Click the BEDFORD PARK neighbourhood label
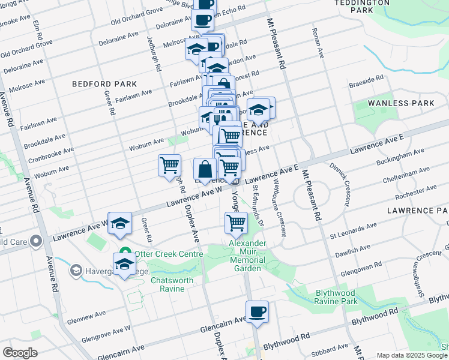click(x=104, y=85)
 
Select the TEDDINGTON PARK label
click(x=362, y=6)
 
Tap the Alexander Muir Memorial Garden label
click(x=247, y=256)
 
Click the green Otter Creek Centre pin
click(x=125, y=254)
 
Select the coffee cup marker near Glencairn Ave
click(x=257, y=312)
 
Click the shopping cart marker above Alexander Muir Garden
click(x=236, y=223)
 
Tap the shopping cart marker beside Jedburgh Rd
click(x=170, y=164)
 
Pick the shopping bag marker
click(x=205, y=169)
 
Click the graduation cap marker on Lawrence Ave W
click(x=120, y=223)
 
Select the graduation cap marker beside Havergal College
click(x=125, y=264)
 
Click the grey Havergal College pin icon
click(x=76, y=271)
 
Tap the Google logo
click(x=19, y=353)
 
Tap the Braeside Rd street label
click(x=366, y=79)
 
